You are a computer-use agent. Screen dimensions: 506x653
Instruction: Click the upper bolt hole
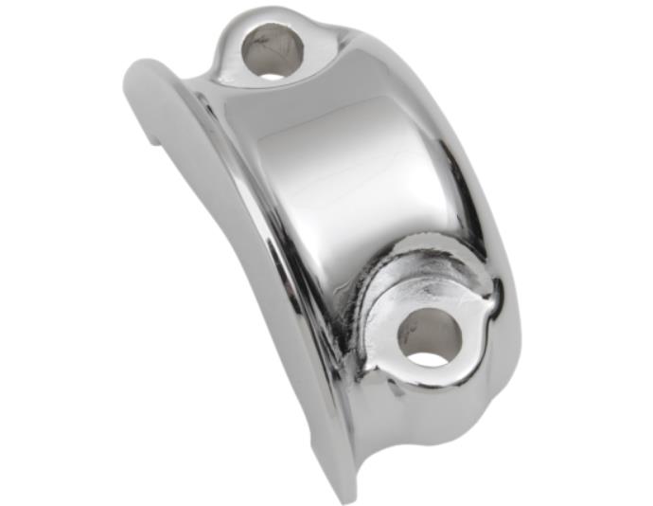tap(274, 51)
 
